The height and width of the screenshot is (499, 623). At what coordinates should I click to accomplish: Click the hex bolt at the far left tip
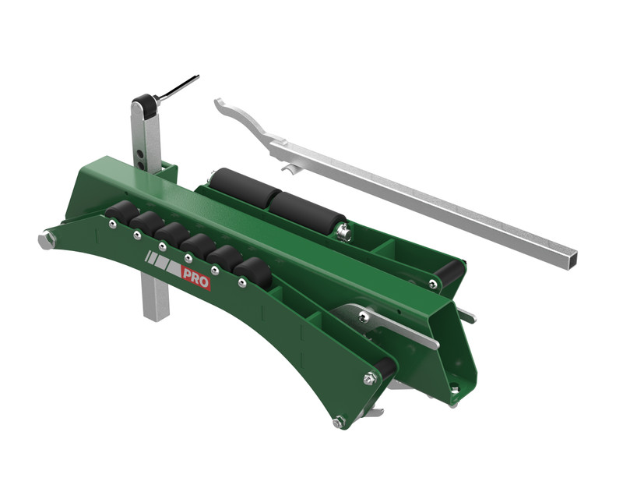[47, 240]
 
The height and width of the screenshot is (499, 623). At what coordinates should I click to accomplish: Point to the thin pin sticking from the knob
[178, 87]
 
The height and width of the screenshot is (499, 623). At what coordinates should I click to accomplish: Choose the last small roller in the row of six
[252, 273]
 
